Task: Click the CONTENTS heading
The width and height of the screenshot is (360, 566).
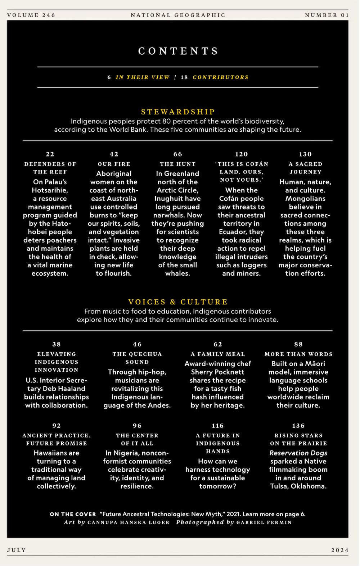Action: click(x=178, y=51)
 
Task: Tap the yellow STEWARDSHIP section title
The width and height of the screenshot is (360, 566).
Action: click(x=178, y=112)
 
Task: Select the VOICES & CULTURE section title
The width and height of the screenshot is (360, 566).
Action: click(x=178, y=302)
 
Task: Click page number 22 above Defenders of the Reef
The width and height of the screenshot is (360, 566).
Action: click(x=50, y=154)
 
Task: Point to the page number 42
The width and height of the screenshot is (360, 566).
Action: click(x=114, y=154)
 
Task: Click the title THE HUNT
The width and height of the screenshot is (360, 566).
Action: click(x=178, y=164)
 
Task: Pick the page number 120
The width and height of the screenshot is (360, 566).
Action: click(x=242, y=154)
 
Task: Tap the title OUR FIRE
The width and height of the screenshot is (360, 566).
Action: click(x=114, y=164)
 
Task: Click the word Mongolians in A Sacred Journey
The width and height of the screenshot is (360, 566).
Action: click(x=305, y=199)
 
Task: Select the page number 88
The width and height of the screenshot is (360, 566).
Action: click(x=298, y=344)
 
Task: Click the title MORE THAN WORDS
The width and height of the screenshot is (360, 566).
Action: click(x=298, y=354)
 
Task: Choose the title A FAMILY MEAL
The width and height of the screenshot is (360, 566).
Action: click(x=218, y=354)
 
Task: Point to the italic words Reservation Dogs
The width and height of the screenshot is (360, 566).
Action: click(x=298, y=453)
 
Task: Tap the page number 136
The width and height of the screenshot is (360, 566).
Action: click(x=298, y=426)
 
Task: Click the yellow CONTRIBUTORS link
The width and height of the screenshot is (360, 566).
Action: click(x=221, y=77)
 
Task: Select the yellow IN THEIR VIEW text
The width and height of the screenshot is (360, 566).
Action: click(x=143, y=77)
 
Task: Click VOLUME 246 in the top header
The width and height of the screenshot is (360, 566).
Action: click(x=31, y=15)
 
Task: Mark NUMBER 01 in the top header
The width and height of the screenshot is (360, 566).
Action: click(x=327, y=15)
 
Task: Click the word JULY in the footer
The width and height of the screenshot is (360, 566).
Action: click(x=17, y=550)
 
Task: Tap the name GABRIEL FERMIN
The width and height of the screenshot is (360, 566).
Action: click(x=264, y=522)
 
